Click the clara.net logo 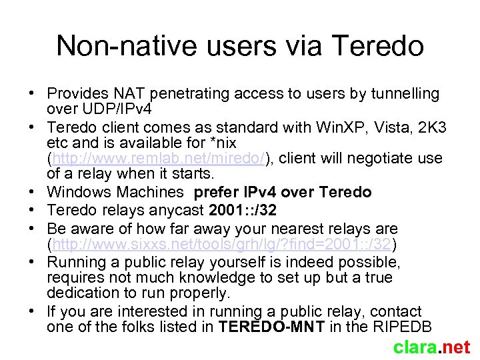(x=431, y=347)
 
